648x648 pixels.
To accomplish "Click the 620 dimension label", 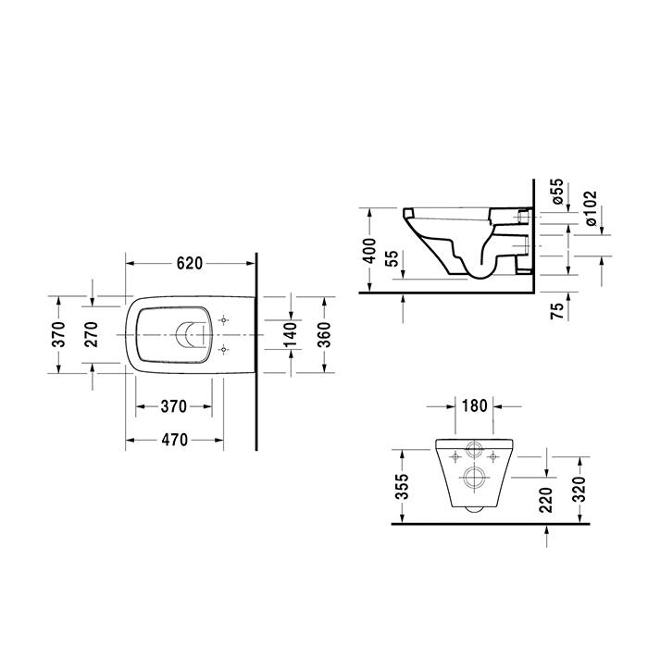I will click(x=189, y=263).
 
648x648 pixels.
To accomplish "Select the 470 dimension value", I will click(x=176, y=440).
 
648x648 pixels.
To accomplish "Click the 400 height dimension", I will click(x=370, y=250).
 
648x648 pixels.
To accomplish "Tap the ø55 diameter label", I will click(x=557, y=192).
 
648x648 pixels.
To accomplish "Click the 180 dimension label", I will click(x=475, y=405).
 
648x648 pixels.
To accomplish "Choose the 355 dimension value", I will click(x=402, y=486).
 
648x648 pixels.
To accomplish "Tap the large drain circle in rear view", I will click(x=475, y=479).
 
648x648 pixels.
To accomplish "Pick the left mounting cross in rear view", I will click(x=455, y=456).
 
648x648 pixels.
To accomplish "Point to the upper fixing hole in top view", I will click(x=223, y=319).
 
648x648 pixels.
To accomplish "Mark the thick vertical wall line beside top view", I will click(x=255, y=370).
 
